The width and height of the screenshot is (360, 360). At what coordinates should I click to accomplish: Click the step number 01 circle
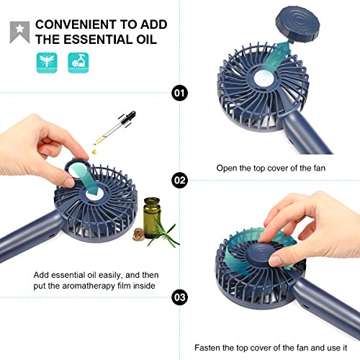pyautogui.click(x=179, y=93)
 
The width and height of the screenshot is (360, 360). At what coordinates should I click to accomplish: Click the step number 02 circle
pyautogui.click(x=179, y=179)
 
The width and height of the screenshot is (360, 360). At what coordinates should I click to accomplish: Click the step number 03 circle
pyautogui.click(x=179, y=295)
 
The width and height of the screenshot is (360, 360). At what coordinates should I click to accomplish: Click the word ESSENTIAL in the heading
pyautogui.click(x=106, y=38)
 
